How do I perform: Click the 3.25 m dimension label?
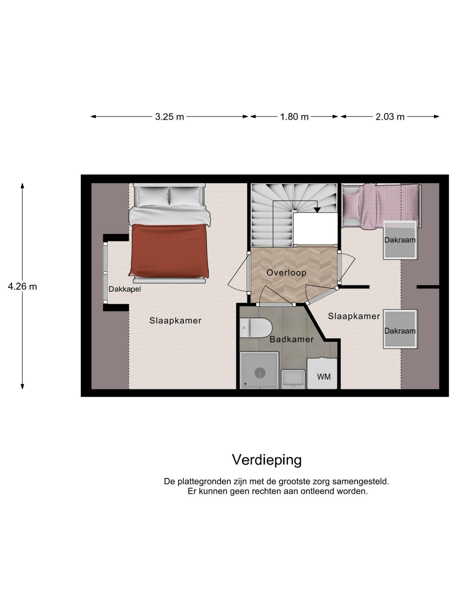(x=169, y=117)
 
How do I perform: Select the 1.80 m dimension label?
(x=294, y=117)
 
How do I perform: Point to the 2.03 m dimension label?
(x=390, y=117)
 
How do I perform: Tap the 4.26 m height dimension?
(x=22, y=287)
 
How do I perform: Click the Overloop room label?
(x=286, y=273)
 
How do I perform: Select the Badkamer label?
(x=292, y=339)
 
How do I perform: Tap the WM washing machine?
(x=322, y=374)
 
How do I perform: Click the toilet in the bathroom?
(x=256, y=328)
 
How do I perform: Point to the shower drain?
(x=260, y=373)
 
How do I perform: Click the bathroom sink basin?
(x=293, y=379)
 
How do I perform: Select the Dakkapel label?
(x=125, y=289)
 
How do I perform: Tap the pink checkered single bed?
(x=381, y=206)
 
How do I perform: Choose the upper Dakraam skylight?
(x=400, y=240)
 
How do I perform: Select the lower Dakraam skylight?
(x=400, y=329)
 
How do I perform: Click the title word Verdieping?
(x=267, y=460)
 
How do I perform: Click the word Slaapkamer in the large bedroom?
(x=175, y=321)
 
